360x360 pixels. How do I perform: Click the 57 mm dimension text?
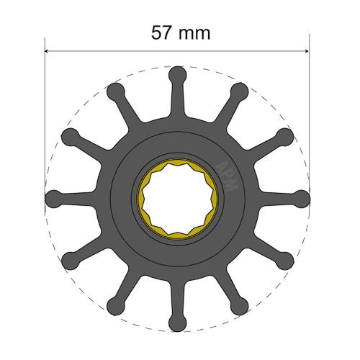[180, 32]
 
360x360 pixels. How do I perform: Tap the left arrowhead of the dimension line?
[48, 51]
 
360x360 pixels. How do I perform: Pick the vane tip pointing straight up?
[177, 74]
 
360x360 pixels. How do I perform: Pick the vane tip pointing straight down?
[177, 319]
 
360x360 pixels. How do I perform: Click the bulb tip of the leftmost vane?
[54, 197]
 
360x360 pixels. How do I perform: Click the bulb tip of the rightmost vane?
[300, 197]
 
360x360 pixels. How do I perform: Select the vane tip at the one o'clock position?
[240, 91]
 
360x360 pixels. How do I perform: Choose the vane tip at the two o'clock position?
[284, 135]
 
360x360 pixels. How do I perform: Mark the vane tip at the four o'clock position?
[284, 258]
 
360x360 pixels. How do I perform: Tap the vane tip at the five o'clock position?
[240, 302]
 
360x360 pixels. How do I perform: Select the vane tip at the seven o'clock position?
[115, 302]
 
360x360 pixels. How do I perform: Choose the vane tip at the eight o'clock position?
[71, 258]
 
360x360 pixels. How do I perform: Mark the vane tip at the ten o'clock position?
[71, 135]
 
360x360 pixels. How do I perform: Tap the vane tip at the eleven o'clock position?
[115, 91]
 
